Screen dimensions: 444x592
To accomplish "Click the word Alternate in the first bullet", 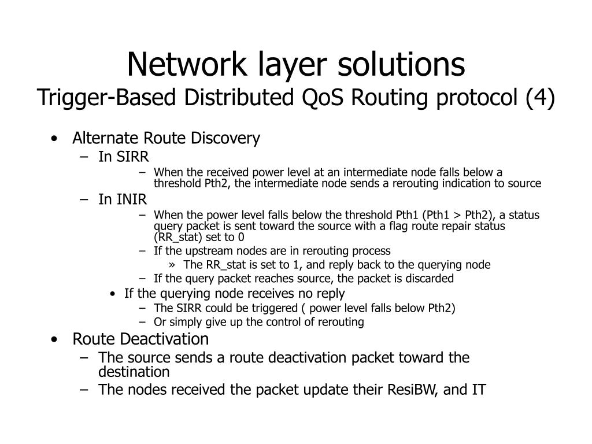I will click(x=105, y=139).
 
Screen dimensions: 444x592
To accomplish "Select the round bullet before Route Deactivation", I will click(x=54, y=339).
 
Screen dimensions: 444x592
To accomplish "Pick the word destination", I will click(x=134, y=372).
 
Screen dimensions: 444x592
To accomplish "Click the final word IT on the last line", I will click(x=478, y=390).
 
